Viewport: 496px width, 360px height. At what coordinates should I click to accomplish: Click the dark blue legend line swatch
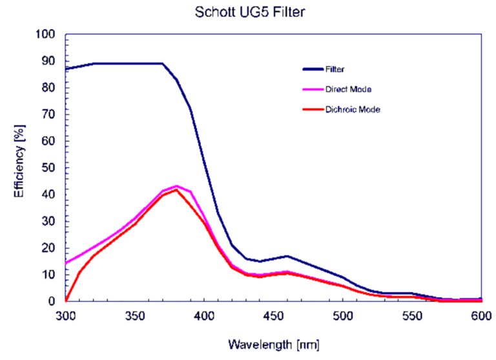tap(315, 68)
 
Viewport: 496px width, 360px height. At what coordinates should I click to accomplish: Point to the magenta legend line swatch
tap(315, 89)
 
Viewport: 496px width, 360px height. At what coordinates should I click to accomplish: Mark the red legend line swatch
tap(315, 109)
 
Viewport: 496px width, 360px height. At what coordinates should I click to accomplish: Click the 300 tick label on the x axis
tap(65, 317)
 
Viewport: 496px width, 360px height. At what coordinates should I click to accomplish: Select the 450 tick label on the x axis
tap(273, 317)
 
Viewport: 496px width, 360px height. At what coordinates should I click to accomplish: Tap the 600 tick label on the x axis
tap(481, 317)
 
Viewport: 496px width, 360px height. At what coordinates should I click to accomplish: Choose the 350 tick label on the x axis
tap(134, 317)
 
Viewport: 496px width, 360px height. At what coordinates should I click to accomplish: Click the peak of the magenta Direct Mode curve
tap(176, 186)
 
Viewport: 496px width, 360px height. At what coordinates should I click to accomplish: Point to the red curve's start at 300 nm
tap(66, 301)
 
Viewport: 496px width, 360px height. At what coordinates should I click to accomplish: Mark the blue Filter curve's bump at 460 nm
tap(287, 256)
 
